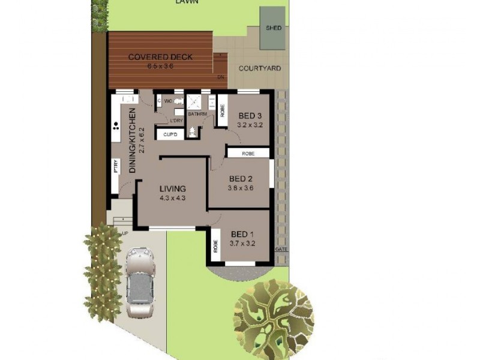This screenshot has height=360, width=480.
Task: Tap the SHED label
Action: click(273, 28)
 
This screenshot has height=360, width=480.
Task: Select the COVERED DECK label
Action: click(160, 57)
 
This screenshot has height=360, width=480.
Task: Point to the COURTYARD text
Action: click(260, 68)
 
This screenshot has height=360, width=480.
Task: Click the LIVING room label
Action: click(172, 188)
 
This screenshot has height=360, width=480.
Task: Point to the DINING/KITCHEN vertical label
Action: click(133, 140)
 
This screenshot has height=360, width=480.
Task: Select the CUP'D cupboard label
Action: click(170, 134)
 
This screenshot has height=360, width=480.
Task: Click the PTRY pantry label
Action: click(115, 166)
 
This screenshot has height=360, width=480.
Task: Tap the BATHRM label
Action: click(197, 113)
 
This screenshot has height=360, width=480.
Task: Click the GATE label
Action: click(281, 248)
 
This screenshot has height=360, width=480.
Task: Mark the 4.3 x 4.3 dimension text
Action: click(172, 198)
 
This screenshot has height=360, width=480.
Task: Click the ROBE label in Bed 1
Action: click(214, 246)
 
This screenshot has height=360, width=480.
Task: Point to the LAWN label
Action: click(187, 2)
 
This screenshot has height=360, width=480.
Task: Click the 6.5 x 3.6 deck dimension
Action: click(160, 66)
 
